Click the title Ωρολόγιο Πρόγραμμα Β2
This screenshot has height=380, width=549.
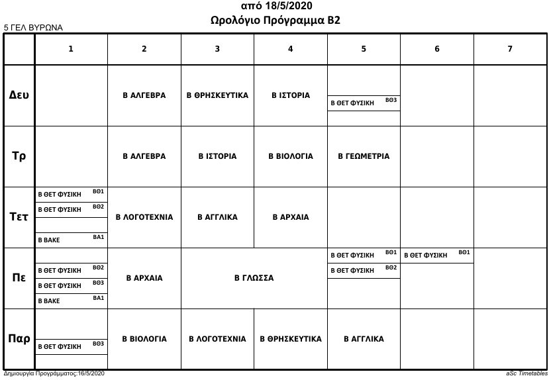click(x=275, y=21)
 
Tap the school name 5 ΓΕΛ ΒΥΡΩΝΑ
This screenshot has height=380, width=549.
click(x=33, y=28)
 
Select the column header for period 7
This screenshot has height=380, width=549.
click(x=509, y=48)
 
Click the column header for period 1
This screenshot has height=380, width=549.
click(x=71, y=48)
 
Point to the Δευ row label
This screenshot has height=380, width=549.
click(x=19, y=95)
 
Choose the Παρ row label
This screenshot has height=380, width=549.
click(x=19, y=339)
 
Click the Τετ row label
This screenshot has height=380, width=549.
click(x=19, y=217)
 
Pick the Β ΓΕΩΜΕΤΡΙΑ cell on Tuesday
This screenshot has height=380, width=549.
click(x=364, y=156)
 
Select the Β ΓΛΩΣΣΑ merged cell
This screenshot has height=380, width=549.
click(x=254, y=278)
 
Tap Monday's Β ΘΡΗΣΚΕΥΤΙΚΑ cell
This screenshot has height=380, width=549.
click(x=217, y=95)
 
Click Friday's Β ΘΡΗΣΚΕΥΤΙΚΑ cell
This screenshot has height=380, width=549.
click(x=290, y=339)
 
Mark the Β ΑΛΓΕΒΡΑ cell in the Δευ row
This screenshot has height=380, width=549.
click(x=144, y=95)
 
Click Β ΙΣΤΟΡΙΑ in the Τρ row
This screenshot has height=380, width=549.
click(x=217, y=156)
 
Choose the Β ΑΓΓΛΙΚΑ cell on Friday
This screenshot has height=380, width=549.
click(x=364, y=339)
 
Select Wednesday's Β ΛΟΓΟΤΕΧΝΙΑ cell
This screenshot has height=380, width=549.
click(x=144, y=217)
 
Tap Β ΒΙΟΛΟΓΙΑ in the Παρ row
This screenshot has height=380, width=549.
click(x=144, y=339)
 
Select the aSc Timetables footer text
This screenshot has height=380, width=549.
click(x=525, y=374)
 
